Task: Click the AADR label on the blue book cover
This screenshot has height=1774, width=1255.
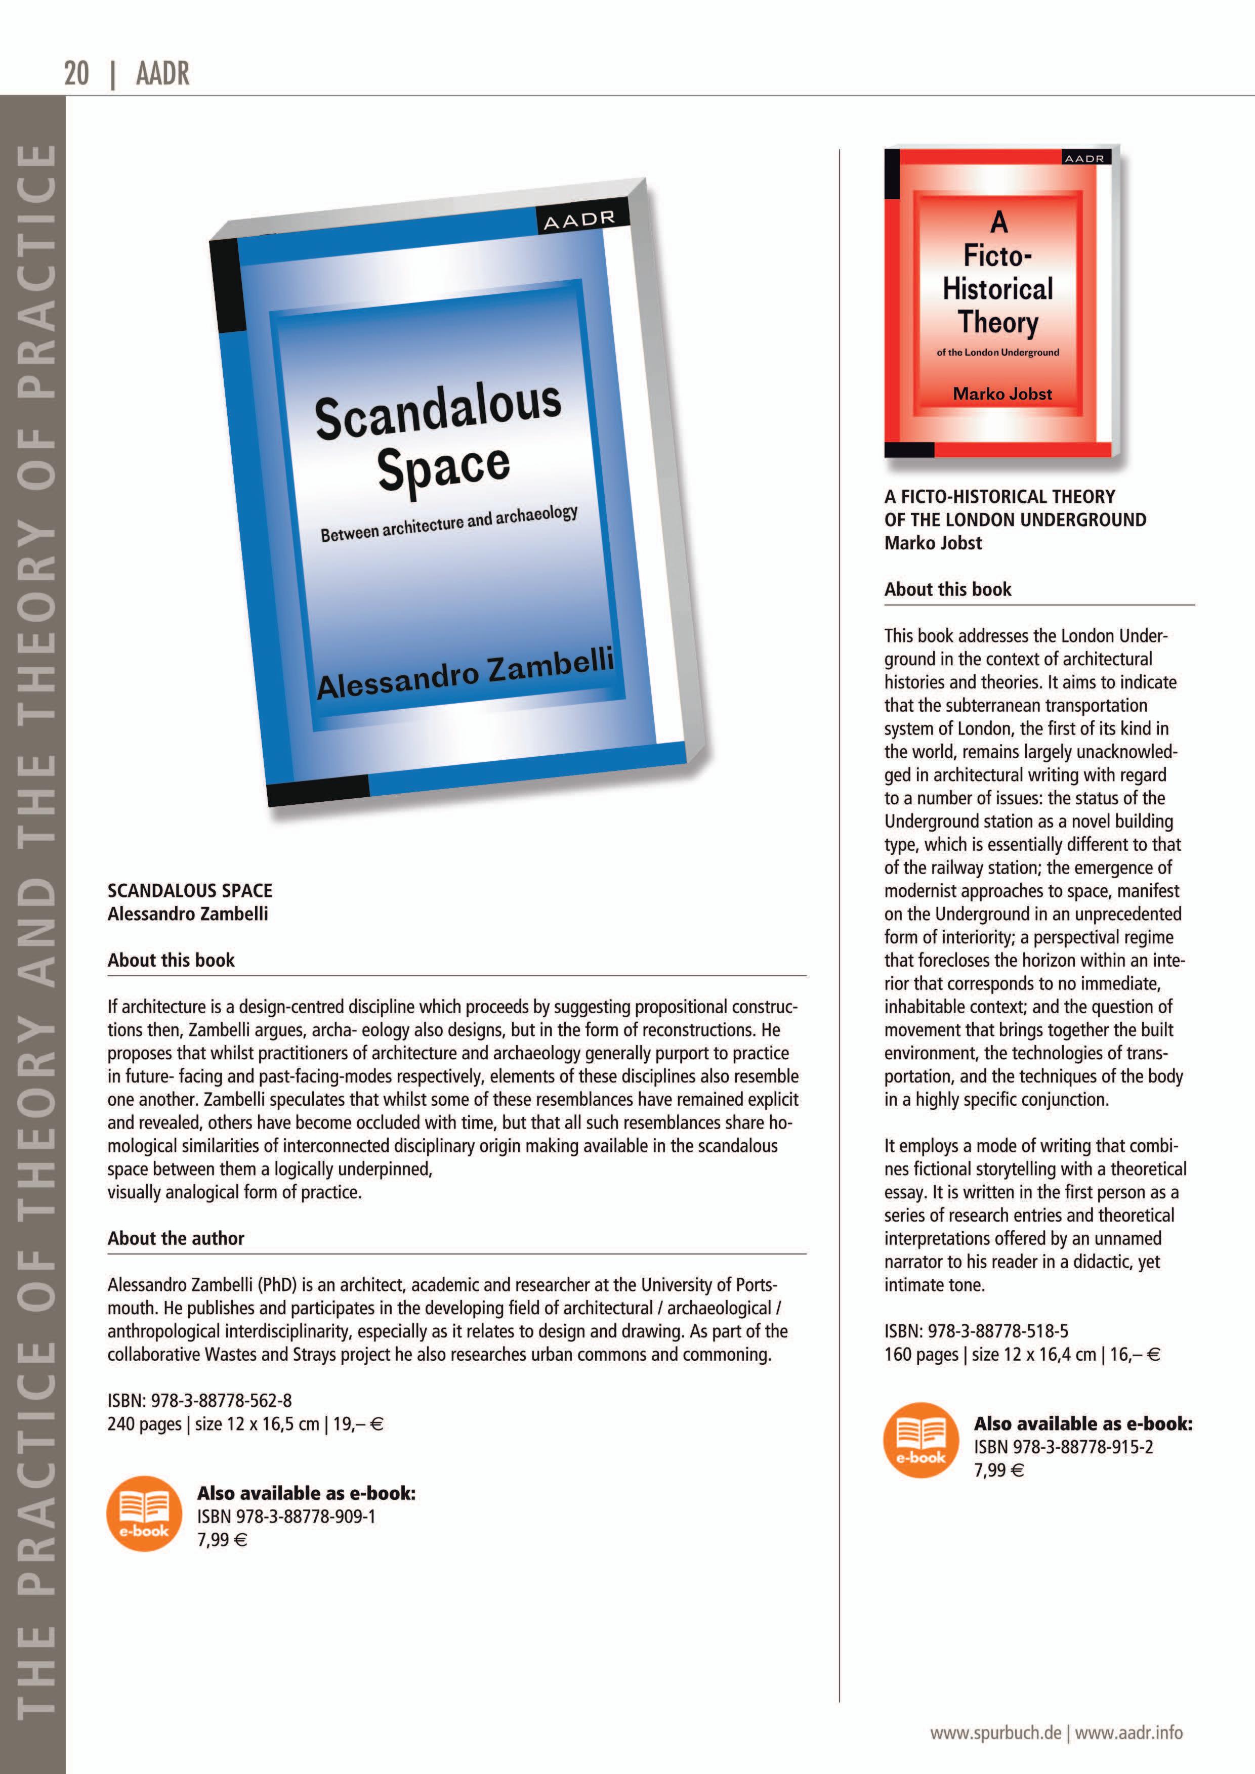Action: coord(579,220)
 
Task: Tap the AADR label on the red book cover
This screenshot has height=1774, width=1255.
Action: coord(1084,158)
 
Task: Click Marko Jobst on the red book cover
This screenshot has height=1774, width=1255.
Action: coord(1002,394)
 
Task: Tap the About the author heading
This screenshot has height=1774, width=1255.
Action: coord(176,1238)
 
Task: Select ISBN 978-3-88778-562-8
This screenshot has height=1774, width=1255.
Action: coord(199,1400)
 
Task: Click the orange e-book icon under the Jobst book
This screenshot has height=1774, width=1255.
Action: coord(921,1440)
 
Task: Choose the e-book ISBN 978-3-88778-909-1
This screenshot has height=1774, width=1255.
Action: coord(286,1516)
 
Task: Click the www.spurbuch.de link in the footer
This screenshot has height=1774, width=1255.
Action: coord(995,1733)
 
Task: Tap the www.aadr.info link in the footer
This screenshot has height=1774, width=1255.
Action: coord(1129,1733)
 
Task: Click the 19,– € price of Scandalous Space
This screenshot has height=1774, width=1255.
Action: coord(358,1423)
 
